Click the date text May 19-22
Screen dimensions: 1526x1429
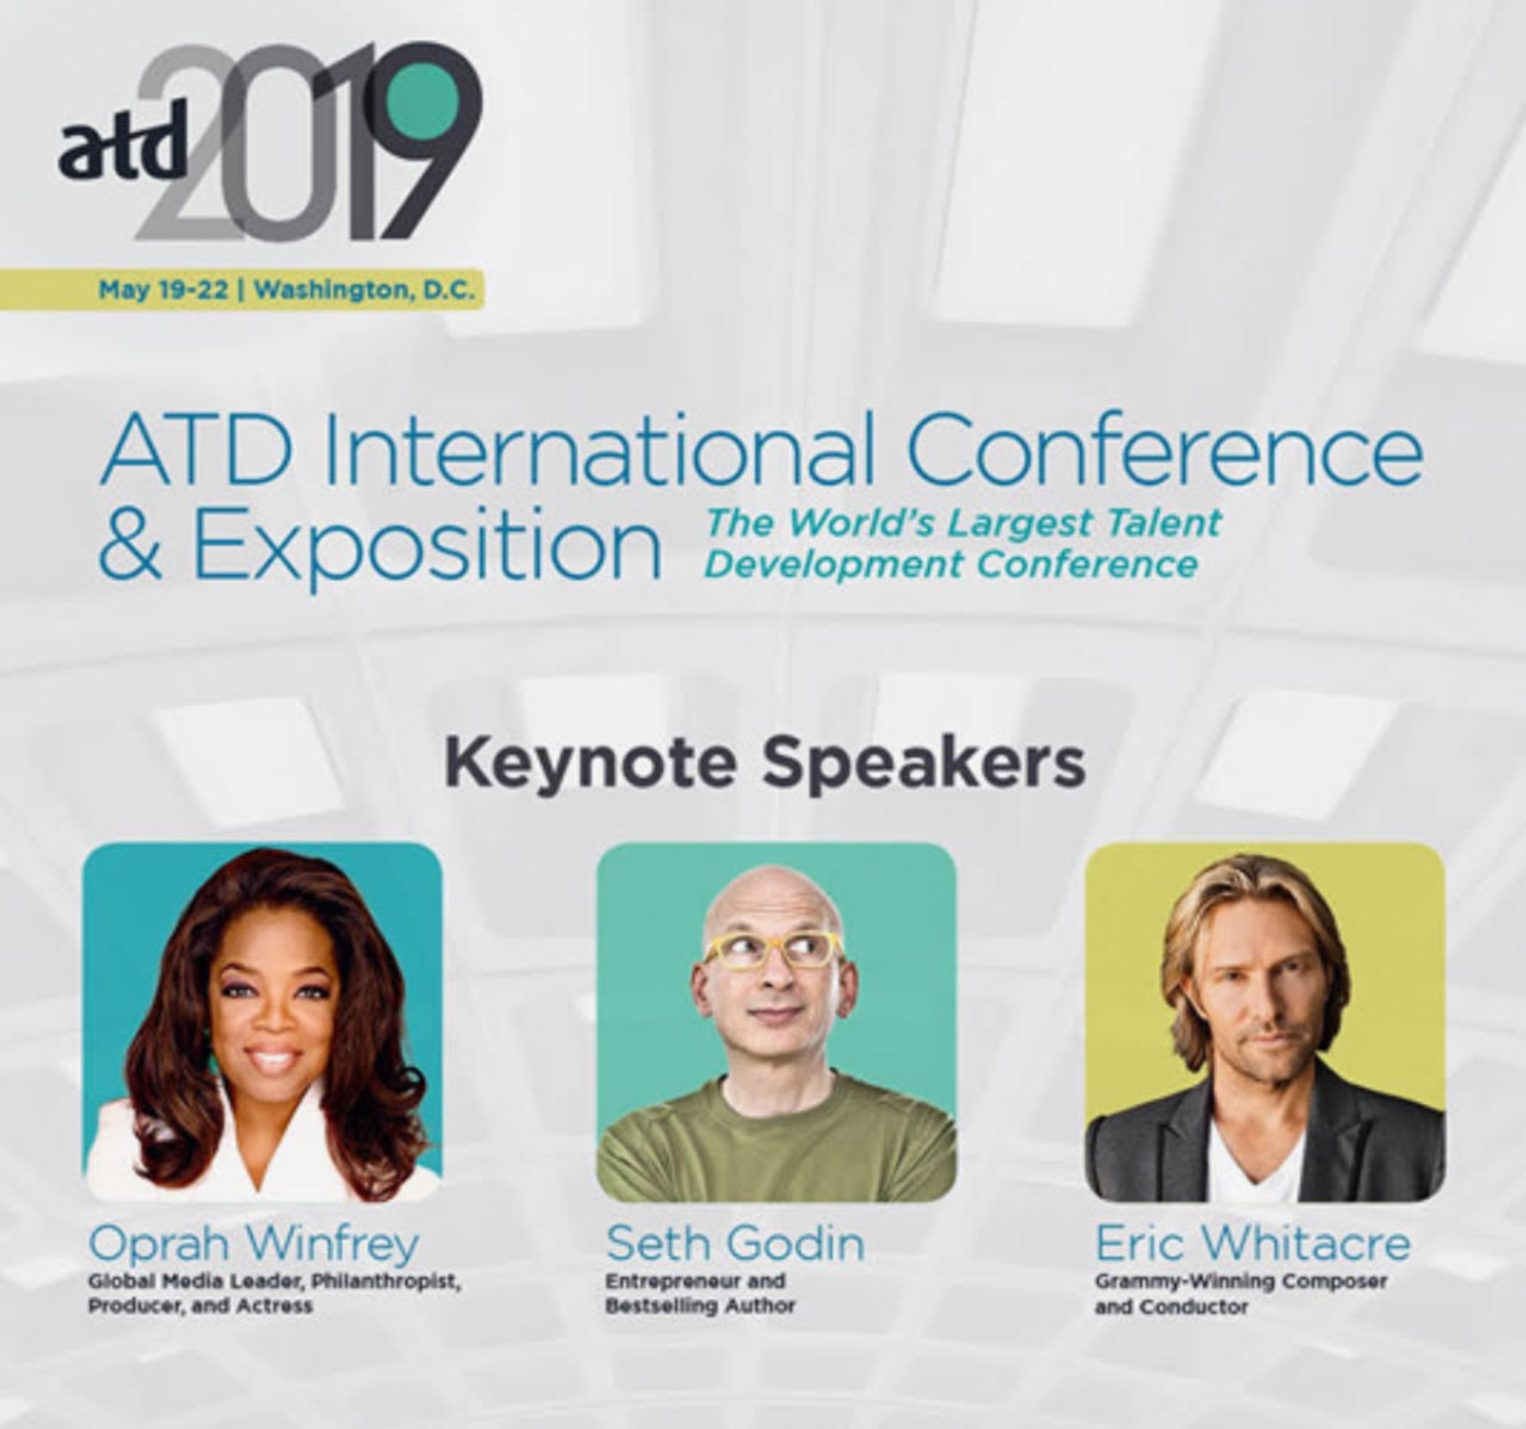point(163,290)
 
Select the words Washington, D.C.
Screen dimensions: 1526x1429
point(364,290)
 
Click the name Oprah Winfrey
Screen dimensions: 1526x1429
point(254,1243)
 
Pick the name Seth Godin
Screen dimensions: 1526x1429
point(735,1243)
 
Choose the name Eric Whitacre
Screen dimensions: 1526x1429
point(1252,1243)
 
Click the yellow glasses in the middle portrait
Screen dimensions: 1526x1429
point(773,949)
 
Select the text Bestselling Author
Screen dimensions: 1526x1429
point(700,1306)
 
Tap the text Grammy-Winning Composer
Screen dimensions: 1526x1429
point(1241,1281)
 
